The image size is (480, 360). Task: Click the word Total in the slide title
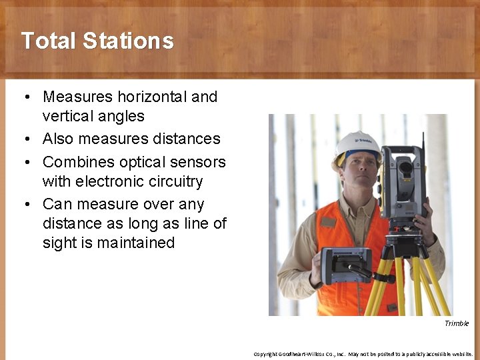tap(49, 41)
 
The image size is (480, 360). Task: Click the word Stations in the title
tap(128, 41)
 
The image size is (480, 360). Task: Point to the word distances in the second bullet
tap(189, 139)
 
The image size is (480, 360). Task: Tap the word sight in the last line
tap(59, 243)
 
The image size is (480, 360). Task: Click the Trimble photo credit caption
tap(457, 323)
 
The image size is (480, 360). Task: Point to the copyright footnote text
tap(363, 354)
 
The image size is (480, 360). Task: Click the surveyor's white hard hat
tap(357, 145)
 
